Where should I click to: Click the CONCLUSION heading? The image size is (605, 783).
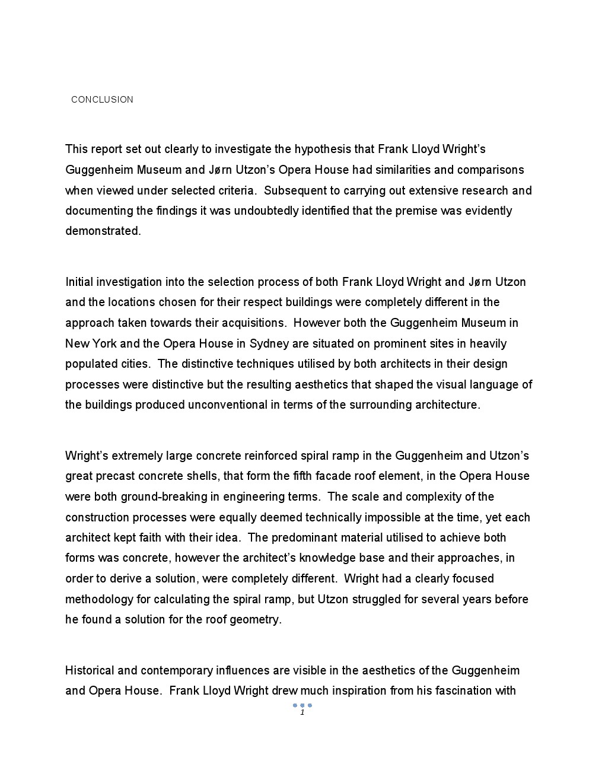click(102, 100)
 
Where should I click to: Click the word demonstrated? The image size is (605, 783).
click(103, 231)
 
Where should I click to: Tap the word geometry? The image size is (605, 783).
click(259, 620)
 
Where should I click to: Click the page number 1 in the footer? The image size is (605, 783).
click(302, 712)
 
